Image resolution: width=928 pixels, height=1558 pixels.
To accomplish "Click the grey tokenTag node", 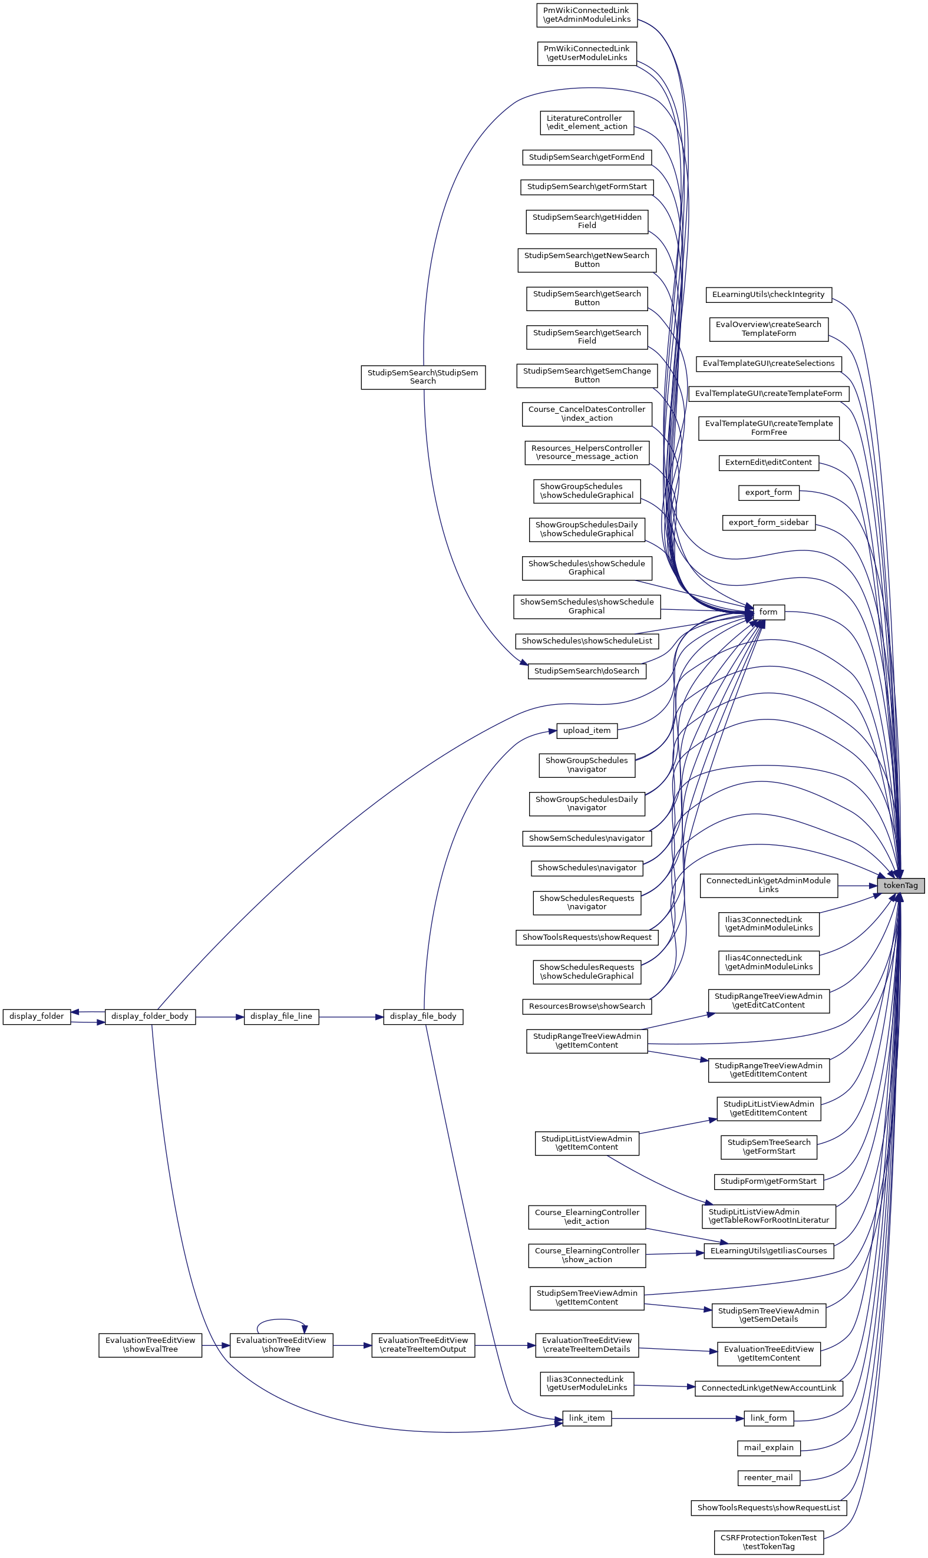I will point(900,885).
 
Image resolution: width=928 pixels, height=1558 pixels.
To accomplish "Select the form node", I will point(768,612).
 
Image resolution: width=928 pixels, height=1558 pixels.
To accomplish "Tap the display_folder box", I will point(37,1016).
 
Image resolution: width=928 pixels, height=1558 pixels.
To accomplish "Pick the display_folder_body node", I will point(150,1016).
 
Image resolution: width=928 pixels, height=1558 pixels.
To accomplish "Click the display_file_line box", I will point(281,1016).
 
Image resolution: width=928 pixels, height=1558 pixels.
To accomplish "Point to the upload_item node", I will point(587,730).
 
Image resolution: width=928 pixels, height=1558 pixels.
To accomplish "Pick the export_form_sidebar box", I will point(768,523).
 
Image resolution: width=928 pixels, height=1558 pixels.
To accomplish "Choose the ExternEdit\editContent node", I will point(768,463).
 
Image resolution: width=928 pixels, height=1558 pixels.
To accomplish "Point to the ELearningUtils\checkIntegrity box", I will point(768,295).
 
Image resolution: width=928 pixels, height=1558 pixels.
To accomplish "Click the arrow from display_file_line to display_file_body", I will point(351,1017).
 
